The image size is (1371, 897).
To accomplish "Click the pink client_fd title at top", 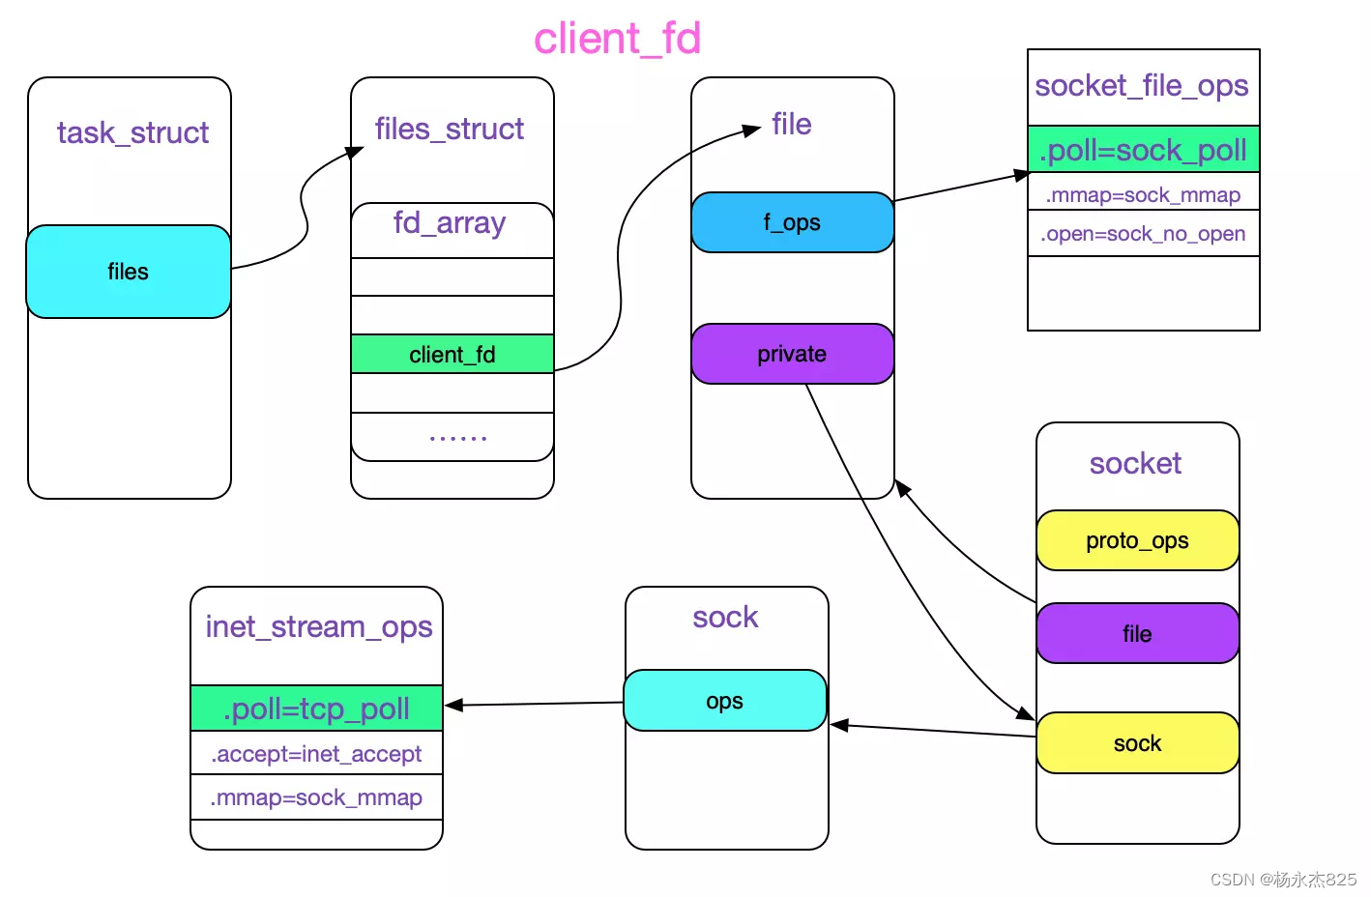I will click(x=617, y=39).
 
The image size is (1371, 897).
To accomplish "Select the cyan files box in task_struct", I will click(x=128, y=272).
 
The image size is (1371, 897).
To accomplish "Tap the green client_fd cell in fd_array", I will click(x=452, y=355).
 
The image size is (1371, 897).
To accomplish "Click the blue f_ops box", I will click(x=792, y=222).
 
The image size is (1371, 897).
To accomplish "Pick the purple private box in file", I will click(x=792, y=354).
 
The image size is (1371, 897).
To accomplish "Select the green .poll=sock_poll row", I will click(x=1143, y=150).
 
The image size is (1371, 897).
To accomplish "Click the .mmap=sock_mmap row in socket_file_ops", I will click(x=1143, y=195).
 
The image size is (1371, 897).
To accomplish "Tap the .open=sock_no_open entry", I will click(x=1143, y=234).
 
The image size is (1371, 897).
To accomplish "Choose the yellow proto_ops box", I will click(x=1137, y=540).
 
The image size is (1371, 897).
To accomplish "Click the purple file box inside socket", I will click(x=1137, y=633).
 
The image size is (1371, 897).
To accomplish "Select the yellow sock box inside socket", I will click(x=1137, y=743).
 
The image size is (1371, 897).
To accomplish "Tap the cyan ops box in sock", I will click(x=724, y=701).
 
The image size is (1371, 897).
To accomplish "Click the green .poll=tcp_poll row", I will click(x=316, y=709).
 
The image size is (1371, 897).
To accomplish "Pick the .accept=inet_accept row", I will click(x=316, y=754).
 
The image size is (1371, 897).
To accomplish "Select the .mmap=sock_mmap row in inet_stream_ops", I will click(x=316, y=797).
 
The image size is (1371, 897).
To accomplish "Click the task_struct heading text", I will click(x=132, y=132).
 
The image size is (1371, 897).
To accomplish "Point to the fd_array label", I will click(x=450, y=223).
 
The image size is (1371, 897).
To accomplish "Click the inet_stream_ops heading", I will click(x=318, y=627).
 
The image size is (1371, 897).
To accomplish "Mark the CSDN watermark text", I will click(x=1283, y=880).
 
